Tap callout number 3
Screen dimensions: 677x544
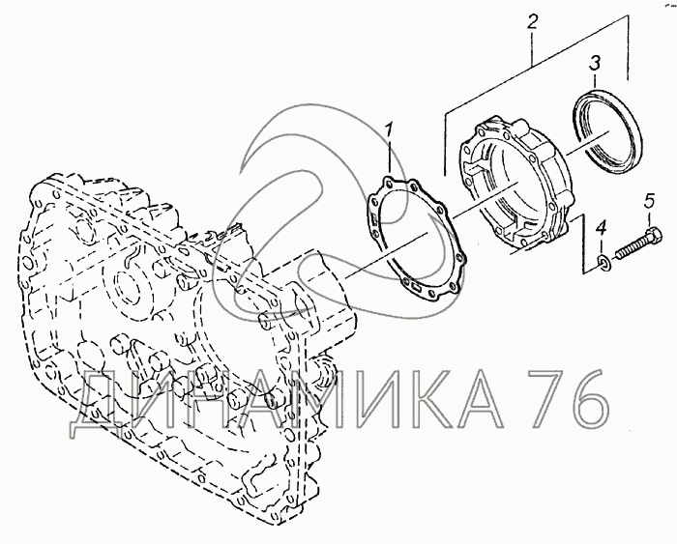coord(596,64)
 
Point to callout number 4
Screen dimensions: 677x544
coord(602,228)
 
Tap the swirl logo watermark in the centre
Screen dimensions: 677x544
coord(290,184)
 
